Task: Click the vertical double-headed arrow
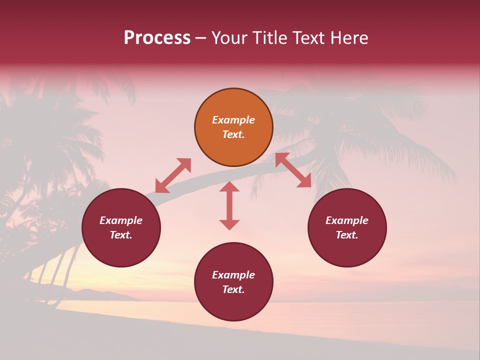point(229,205)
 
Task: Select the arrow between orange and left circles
point(173,175)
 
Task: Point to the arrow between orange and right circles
point(293,170)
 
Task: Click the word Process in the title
point(157,38)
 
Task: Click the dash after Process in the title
point(200,38)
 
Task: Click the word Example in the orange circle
point(233,120)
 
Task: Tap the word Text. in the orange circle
point(233,134)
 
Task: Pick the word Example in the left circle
point(121,220)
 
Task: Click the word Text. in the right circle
point(347,235)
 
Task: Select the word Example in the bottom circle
point(233,275)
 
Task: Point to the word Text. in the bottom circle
point(233,289)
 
